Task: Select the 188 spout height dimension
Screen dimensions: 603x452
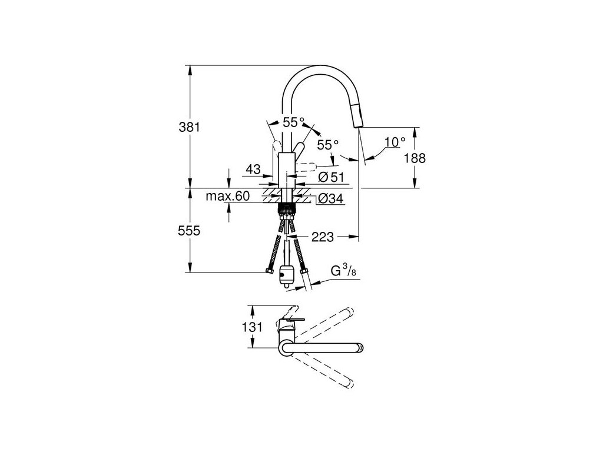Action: [416, 158]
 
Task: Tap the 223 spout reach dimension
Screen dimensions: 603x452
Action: [323, 237]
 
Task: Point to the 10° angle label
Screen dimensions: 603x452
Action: [395, 142]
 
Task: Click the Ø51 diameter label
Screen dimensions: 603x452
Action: [331, 177]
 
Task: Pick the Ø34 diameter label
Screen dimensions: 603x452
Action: [331, 200]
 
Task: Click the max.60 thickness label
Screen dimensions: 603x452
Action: [228, 196]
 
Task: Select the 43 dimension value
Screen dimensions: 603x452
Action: [253, 169]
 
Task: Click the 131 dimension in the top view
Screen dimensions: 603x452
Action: [251, 328]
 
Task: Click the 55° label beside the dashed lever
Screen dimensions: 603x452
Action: [328, 144]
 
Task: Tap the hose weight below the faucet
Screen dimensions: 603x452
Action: [287, 276]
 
